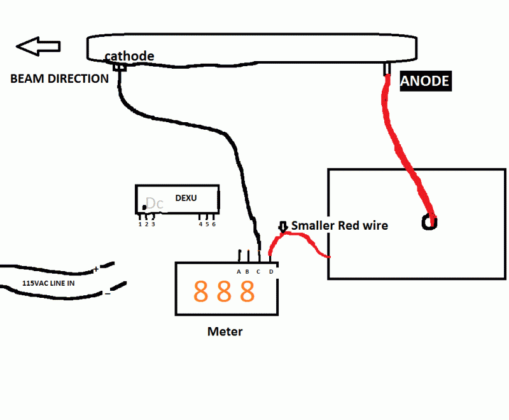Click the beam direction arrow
pos(38,46)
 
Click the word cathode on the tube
pos(129,56)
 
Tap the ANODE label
pos(425,81)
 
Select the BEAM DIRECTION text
pos(59,79)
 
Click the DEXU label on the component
pos(186,198)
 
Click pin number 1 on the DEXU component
pos(140,224)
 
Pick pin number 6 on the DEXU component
pos(214,224)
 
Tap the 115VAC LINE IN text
pos(48,283)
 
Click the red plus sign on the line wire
pos(97,270)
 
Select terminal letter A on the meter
pos(239,272)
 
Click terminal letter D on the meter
pos(271,272)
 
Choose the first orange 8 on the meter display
pos(201,291)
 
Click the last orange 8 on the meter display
pos(248,291)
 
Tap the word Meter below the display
pos(225,332)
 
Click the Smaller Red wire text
pos(339,225)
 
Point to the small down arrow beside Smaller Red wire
pos(284,227)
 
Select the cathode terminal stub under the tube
pos(120,67)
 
